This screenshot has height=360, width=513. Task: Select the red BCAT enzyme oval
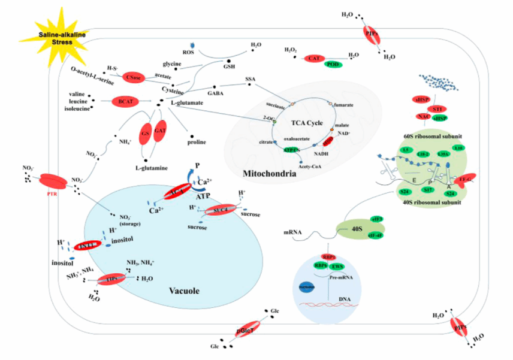click(125, 102)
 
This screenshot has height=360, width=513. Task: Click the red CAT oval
click(313, 58)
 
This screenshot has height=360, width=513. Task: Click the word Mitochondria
click(269, 174)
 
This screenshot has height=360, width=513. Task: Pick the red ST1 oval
click(437, 109)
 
